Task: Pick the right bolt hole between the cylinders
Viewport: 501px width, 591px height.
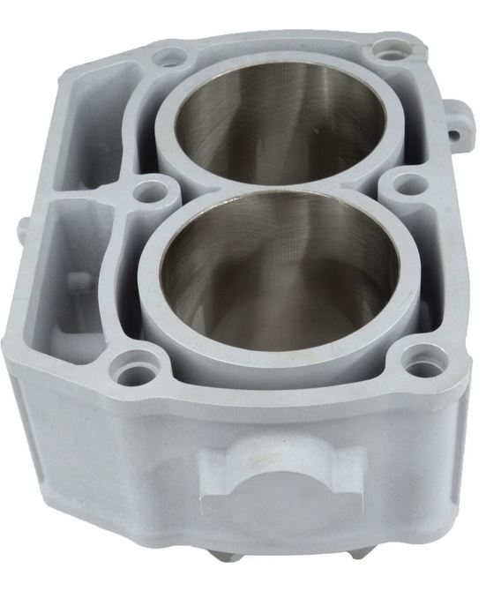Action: [x=407, y=184]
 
